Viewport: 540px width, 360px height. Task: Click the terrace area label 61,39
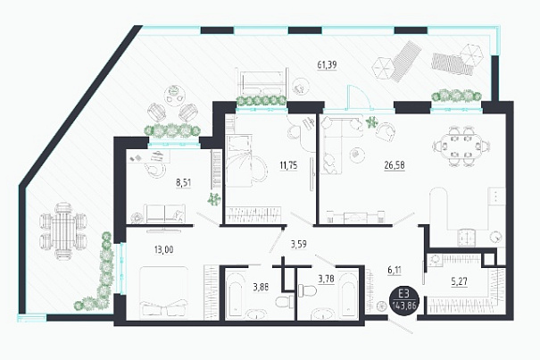coord(327,64)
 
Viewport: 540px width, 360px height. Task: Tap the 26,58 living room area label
coord(395,165)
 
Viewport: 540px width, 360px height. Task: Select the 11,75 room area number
coord(288,165)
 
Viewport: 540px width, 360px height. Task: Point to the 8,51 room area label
coord(183,183)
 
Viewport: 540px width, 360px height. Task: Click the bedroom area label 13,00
coord(164,249)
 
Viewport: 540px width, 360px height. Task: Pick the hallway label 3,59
coord(299,245)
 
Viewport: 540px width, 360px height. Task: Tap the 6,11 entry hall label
coord(395,270)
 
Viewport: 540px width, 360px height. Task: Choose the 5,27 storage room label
coord(459,281)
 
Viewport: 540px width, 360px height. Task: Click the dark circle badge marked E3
coord(404,299)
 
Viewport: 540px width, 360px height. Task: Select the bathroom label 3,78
coord(326,279)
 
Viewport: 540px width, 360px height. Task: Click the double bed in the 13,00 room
coord(164,292)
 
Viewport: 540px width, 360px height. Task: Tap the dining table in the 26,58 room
coord(461,147)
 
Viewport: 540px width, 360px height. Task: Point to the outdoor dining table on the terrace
coord(63,230)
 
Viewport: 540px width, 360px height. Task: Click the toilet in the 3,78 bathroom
coord(307,290)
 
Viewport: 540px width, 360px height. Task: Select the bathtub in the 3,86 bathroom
coord(236,297)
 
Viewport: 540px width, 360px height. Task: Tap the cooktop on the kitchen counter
coord(467,238)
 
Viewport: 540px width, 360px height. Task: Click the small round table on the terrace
coord(175,92)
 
